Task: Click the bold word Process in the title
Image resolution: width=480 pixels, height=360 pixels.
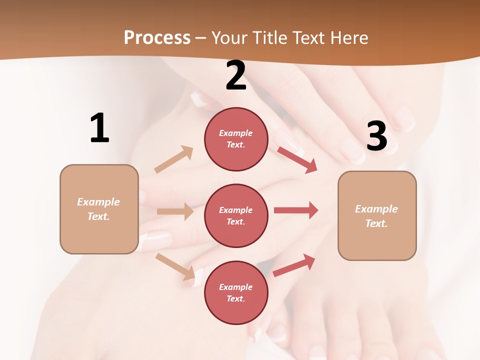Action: point(157,37)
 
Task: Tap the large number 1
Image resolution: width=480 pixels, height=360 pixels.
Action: point(99,128)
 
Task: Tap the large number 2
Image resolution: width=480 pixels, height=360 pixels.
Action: point(236,75)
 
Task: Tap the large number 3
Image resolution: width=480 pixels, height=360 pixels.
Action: point(376,136)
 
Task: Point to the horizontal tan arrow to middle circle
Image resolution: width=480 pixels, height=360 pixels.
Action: point(175,211)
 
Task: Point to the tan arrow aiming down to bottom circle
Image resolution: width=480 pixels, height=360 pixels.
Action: point(175,266)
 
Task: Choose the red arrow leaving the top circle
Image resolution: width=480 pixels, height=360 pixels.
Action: point(297,159)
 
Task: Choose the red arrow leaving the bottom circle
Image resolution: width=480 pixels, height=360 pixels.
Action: point(294,265)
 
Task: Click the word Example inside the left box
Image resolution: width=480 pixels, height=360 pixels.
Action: point(98,202)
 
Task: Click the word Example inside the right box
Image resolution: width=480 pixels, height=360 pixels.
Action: point(376,209)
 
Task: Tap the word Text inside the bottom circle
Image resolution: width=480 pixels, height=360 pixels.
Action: point(235,298)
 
